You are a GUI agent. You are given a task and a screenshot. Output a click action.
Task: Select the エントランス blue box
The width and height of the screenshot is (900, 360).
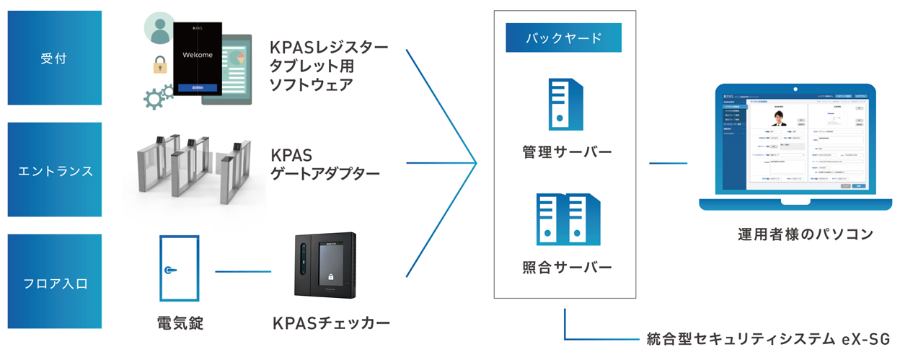tap(53, 171)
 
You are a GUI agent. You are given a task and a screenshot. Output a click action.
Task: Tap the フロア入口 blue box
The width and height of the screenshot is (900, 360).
tap(53, 283)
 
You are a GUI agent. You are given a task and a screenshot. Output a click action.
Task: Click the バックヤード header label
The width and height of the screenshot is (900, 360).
tap(563, 38)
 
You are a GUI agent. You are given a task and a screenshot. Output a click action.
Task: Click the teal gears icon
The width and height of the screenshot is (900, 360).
tap(159, 97)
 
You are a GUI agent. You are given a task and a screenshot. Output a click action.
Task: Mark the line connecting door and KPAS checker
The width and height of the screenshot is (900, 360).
tap(243, 272)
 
